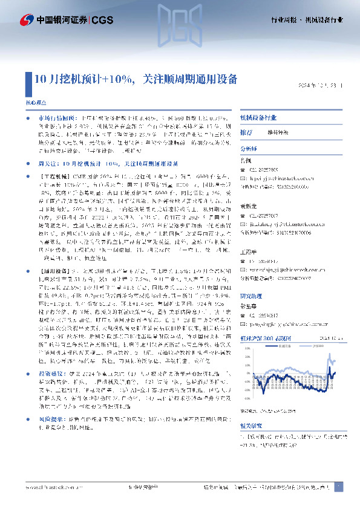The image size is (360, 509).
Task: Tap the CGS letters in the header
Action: (x=102, y=20)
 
